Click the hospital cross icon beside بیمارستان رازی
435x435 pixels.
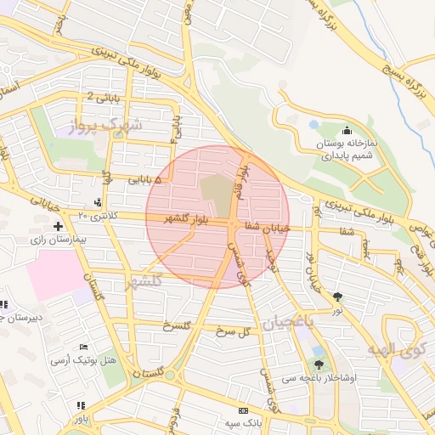(x=58, y=226)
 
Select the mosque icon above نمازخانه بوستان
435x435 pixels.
(x=347, y=131)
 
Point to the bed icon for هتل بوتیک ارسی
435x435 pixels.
(x=83, y=347)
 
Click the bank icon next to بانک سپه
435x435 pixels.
(x=245, y=410)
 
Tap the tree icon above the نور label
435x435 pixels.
(x=340, y=296)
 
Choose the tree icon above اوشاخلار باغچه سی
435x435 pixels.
(x=319, y=351)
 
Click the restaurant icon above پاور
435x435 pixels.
(x=80, y=406)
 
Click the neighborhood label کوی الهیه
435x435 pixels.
(x=396, y=349)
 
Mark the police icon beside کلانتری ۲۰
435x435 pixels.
(x=99, y=202)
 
